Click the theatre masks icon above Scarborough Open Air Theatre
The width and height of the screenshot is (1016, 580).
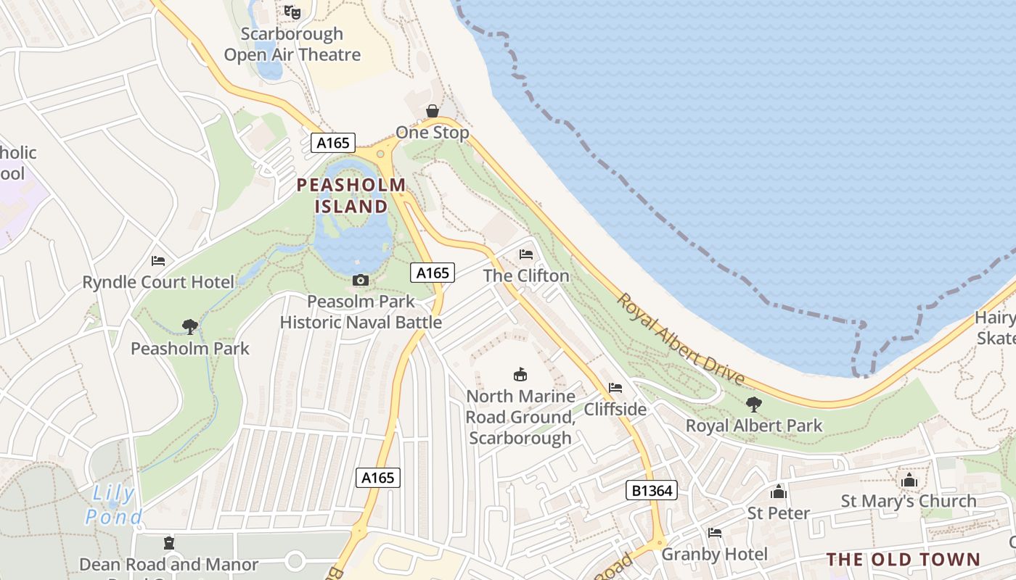(292, 12)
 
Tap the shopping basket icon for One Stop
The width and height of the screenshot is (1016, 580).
(433, 111)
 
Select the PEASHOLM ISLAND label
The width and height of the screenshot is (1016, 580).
(351, 196)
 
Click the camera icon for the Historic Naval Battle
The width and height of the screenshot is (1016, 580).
(361, 280)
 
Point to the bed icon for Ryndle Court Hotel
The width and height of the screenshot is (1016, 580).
(158, 261)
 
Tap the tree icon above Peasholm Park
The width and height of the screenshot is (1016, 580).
(190, 327)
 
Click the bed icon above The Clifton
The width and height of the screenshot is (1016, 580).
(526, 254)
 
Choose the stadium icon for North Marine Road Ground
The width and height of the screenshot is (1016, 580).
(520, 375)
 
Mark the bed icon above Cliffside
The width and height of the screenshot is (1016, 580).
(615, 388)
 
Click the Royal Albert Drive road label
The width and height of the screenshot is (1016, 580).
(681, 339)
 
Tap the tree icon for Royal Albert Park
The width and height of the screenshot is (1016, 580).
(754, 404)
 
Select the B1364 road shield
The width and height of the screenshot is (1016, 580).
(651, 491)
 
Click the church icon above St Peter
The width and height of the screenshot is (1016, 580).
(779, 492)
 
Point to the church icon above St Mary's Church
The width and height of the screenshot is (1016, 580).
(909, 480)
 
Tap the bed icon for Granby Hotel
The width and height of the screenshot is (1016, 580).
(715, 533)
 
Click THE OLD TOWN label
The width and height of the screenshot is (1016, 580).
(904, 560)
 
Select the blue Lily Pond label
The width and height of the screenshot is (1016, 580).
(113, 505)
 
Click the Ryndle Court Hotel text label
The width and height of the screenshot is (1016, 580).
(158, 282)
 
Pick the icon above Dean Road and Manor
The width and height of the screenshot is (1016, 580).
(169, 543)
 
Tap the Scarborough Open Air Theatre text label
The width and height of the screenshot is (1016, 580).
(292, 44)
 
